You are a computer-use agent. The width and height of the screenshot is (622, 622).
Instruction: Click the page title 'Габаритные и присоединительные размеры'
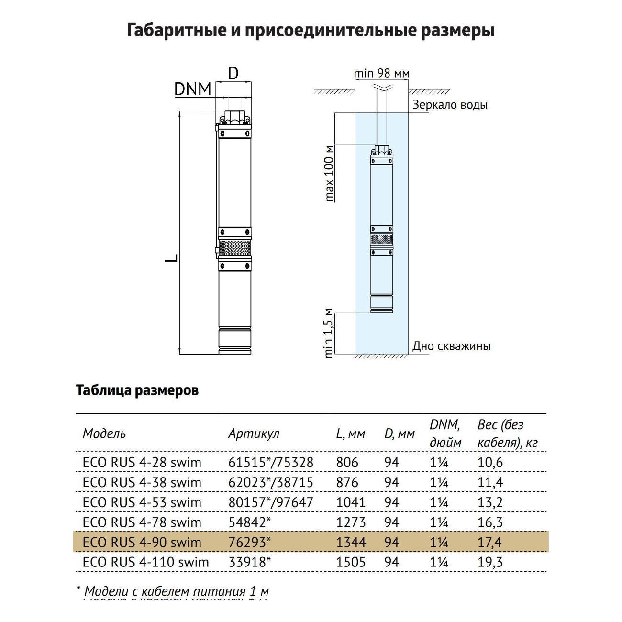(x=311, y=31)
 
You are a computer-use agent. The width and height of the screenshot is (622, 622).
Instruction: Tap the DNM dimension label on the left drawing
(x=192, y=89)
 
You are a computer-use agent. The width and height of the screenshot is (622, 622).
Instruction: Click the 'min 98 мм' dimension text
(x=381, y=73)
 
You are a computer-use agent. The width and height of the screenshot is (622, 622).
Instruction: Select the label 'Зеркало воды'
(x=450, y=105)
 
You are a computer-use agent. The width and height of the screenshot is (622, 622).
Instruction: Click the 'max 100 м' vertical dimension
(x=330, y=173)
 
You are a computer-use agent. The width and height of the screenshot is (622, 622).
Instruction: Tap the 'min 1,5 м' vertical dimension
(x=329, y=333)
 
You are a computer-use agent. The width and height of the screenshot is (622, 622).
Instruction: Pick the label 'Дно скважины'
(x=451, y=346)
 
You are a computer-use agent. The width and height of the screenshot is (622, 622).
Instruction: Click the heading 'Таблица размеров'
(x=137, y=390)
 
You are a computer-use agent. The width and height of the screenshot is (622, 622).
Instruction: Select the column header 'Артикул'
(x=254, y=433)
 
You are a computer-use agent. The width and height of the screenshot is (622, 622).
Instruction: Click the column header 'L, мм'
(x=350, y=433)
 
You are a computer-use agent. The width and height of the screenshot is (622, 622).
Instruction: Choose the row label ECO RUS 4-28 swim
(x=142, y=463)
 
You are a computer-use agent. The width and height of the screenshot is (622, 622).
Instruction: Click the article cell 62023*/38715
(x=270, y=482)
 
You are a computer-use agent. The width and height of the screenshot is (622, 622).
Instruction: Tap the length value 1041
(x=351, y=502)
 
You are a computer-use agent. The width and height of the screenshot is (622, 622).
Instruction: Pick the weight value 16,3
(x=490, y=522)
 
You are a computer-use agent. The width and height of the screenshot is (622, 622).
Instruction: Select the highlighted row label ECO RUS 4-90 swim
(x=142, y=543)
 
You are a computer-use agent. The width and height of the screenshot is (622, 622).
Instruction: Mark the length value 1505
(x=351, y=562)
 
